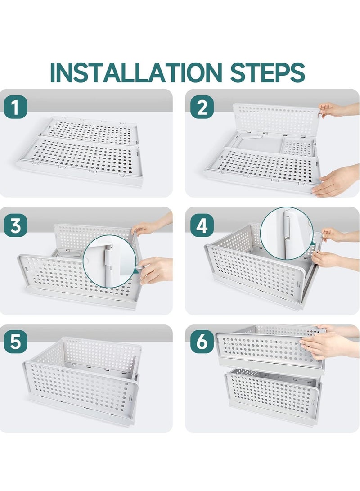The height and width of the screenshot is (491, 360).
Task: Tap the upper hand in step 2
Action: [x=335, y=110]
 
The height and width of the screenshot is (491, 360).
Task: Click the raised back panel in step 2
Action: [x=275, y=119]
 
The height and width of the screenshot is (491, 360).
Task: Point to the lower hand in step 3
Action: [x=155, y=270]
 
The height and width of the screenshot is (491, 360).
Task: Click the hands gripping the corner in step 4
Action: [x=331, y=248]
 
